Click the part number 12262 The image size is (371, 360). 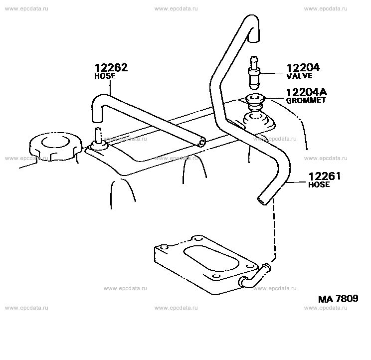pos(111,68)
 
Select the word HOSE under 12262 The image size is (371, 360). pos(105,76)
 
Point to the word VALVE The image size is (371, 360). pos(299,76)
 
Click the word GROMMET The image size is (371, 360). pos(306,100)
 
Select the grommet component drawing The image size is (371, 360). pos(255,101)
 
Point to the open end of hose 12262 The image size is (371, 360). pos(201,142)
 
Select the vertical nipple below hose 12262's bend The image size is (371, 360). pos(98,136)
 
